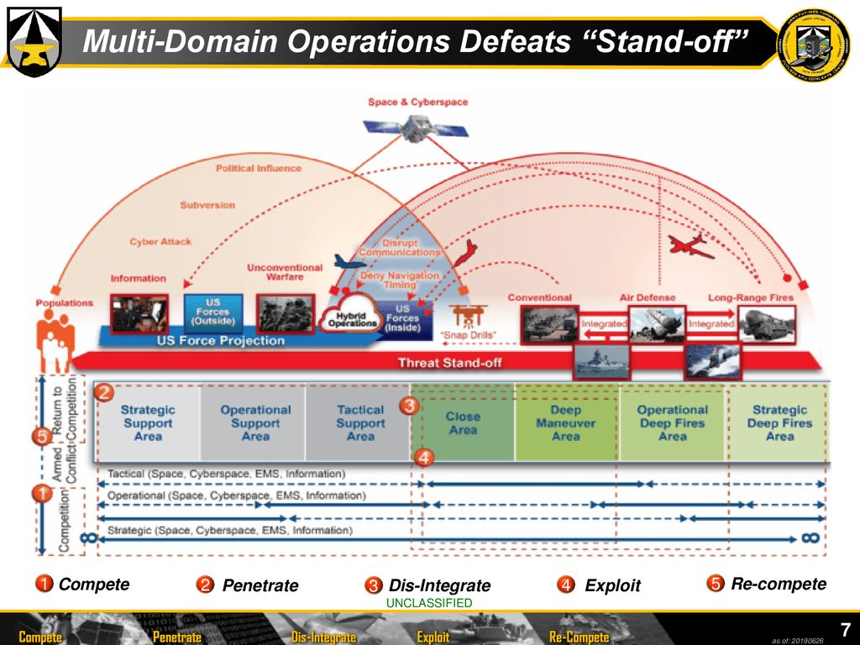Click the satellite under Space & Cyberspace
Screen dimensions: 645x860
(x=416, y=128)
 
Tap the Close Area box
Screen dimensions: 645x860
(x=463, y=422)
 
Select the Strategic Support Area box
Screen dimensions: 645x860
(x=148, y=422)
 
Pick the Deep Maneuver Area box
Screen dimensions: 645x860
(x=566, y=422)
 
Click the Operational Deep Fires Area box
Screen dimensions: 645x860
(x=672, y=422)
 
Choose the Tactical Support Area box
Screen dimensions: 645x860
(x=359, y=422)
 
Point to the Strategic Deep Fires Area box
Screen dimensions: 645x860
(x=779, y=422)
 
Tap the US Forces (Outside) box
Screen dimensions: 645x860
(x=213, y=312)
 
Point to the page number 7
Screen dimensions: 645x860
(x=846, y=629)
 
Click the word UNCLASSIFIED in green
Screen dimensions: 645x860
(x=429, y=603)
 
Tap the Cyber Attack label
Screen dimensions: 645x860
(x=160, y=242)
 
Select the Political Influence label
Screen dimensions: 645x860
(x=258, y=168)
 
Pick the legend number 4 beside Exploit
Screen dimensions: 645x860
(x=567, y=585)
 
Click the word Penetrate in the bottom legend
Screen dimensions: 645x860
(x=260, y=585)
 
